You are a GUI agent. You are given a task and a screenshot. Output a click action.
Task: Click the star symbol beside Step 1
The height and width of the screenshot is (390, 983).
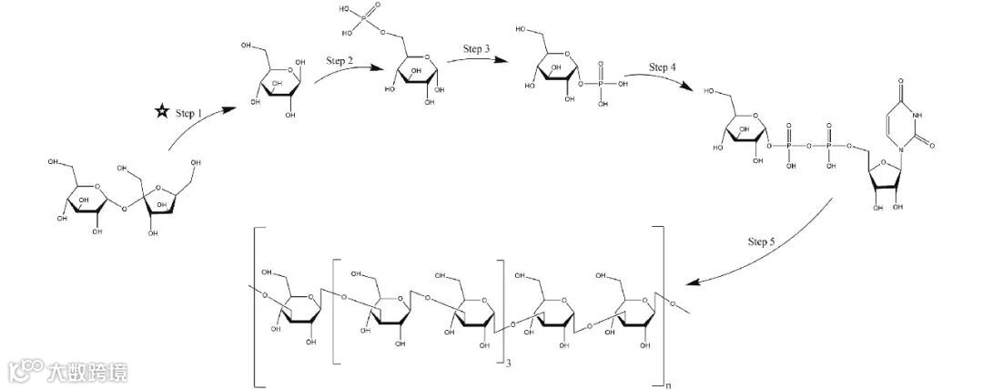click(161, 112)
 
